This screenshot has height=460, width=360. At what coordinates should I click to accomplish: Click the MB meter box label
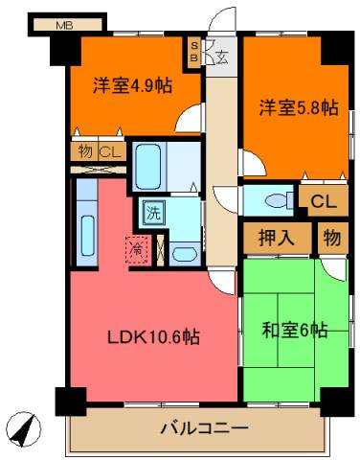coord(64,25)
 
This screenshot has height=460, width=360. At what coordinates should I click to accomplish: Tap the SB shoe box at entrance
coord(194,52)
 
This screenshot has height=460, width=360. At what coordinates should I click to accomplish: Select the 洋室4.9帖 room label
coord(132,85)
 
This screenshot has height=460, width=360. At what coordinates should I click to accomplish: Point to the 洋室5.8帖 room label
coord(299,107)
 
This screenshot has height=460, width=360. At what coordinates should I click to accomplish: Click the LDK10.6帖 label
coord(153,336)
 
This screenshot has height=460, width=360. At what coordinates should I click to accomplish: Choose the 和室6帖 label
coord(295,330)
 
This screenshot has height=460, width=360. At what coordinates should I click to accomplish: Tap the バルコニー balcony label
coord(204,427)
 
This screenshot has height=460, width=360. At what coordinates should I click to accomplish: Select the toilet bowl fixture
coord(277,200)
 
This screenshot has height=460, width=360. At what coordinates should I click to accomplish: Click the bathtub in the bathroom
coord(147,167)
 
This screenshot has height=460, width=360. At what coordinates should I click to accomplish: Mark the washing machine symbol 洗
coord(153,213)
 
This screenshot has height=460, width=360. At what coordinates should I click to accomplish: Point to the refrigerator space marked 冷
coord(138,249)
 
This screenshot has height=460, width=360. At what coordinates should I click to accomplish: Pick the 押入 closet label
coord(277,238)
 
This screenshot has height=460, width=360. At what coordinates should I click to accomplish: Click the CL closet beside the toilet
coord(324,201)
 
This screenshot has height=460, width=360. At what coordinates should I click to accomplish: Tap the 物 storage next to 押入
coord(332,238)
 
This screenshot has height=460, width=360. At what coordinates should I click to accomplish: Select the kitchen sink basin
coord(87,236)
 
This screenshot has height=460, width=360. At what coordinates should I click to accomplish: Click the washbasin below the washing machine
coord(184,254)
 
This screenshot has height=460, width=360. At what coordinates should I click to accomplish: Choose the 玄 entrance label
coord(223,57)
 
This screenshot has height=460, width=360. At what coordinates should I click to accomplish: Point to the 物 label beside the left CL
coord(85,151)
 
